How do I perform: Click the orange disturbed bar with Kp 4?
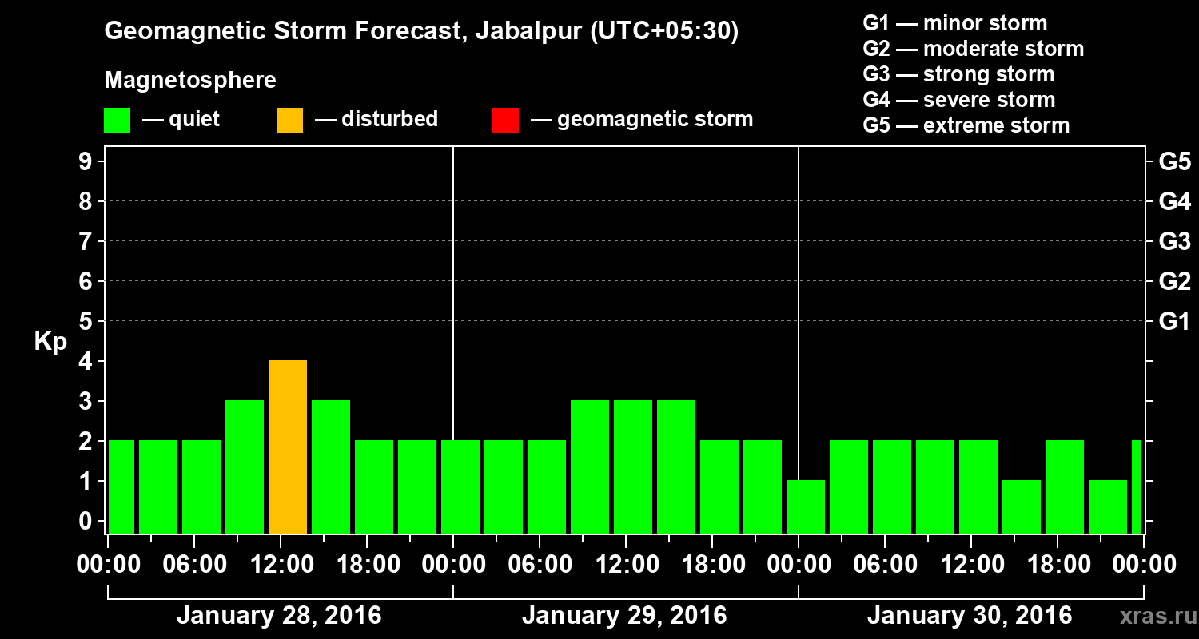coord(288,447)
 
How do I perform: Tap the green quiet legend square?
coord(117,120)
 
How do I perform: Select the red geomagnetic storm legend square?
coord(505,120)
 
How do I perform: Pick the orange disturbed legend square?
coord(289,120)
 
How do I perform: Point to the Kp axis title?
coord(50,342)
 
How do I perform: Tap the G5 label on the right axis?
coord(1174,162)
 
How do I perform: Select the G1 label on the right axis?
coord(1174,322)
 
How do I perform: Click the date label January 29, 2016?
coord(624,616)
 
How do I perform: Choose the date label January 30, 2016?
coord(970,616)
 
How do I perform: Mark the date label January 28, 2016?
coord(279,616)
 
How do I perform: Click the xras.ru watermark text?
coord(1154,617)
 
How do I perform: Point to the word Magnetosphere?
coord(190,81)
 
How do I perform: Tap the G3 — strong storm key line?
coord(958,74)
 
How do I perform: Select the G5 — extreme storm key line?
coord(966,125)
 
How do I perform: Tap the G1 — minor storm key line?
coord(954,23)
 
